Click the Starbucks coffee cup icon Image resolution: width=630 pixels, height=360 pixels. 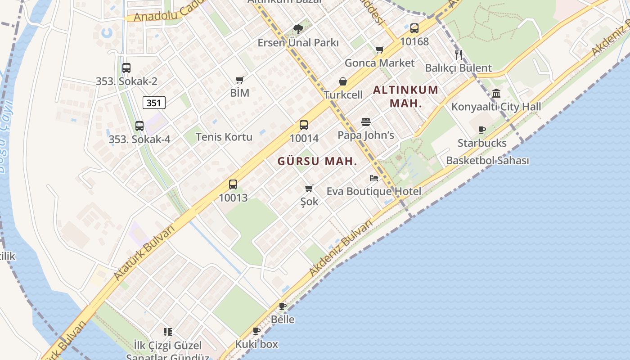click(x=482, y=130)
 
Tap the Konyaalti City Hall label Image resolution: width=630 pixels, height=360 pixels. click(x=496, y=107)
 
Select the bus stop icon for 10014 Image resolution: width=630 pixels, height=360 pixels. click(x=304, y=125)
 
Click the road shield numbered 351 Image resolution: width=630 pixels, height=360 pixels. click(x=154, y=103)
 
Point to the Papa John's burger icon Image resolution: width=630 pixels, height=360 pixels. click(x=365, y=122)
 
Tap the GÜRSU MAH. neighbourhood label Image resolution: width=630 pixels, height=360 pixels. click(x=317, y=161)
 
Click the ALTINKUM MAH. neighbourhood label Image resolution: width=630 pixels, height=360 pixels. click(x=405, y=96)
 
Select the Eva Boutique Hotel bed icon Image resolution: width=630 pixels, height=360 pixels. click(x=374, y=178)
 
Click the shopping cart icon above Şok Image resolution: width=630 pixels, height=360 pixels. click(x=309, y=188)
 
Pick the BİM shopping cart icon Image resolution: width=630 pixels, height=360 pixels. click(x=240, y=80)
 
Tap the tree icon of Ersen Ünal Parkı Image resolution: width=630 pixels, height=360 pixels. click(x=298, y=29)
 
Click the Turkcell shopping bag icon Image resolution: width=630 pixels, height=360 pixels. click(x=343, y=81)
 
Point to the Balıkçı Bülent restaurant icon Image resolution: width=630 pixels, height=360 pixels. click(x=459, y=55)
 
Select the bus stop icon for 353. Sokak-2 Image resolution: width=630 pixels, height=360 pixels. click(x=126, y=68)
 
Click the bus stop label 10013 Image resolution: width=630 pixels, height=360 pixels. click(x=233, y=198)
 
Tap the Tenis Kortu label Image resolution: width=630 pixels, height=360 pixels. click(x=224, y=137)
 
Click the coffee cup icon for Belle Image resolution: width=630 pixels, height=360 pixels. click(x=283, y=306)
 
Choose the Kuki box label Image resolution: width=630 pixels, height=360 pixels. click(x=256, y=344)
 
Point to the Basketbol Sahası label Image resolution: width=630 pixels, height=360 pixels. click(x=487, y=161)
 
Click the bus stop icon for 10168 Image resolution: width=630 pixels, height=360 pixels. click(x=414, y=28)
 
